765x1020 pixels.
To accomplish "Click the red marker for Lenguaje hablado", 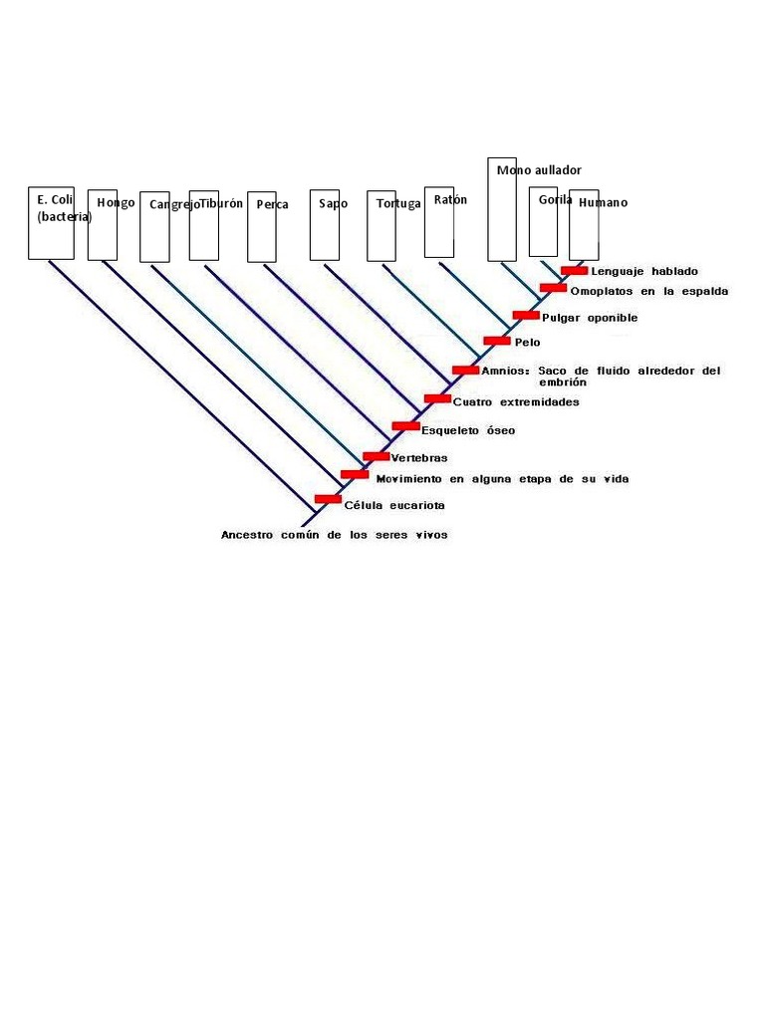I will point(574,270).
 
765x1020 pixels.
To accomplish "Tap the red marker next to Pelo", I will point(496,341).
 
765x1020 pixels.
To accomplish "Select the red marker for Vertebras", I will point(376,456).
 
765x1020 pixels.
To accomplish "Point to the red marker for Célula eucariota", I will point(328,499).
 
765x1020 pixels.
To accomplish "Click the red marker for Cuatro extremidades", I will point(437,398).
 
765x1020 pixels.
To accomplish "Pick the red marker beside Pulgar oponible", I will point(526,315).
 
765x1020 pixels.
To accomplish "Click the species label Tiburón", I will point(221,203).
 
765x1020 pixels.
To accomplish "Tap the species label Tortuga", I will point(398,204).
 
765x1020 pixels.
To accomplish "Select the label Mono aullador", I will point(539,170).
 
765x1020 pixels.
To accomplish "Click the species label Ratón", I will point(450,200).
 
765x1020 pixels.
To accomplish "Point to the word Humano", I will point(603,203).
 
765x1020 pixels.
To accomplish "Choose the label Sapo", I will point(334,204).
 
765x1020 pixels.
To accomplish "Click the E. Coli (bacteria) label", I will point(62,208).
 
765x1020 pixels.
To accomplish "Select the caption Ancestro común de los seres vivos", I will point(334,535).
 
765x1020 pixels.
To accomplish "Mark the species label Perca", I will point(272,205).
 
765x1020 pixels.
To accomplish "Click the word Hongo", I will point(116,203).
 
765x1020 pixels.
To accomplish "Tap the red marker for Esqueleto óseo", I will point(405,426).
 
